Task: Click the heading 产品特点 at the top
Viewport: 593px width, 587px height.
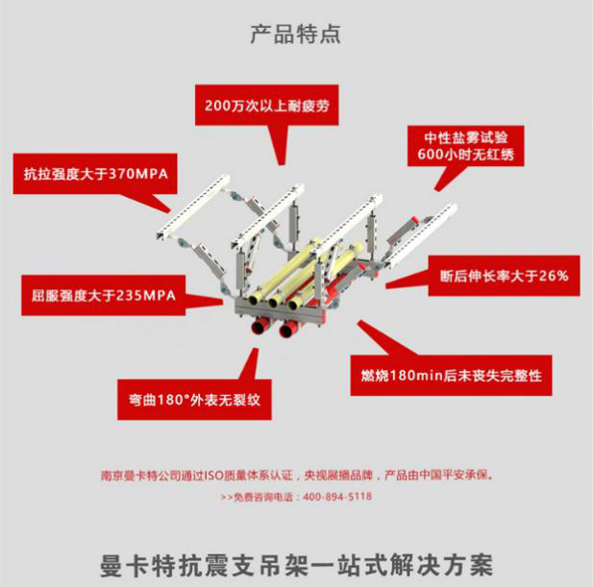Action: pyautogui.click(x=295, y=36)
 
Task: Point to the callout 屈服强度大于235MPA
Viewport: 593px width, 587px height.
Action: pyautogui.click(x=98, y=295)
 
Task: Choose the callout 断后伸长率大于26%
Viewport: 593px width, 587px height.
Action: pyautogui.click(x=502, y=276)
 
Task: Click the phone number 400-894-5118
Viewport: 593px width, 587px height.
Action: pyautogui.click(x=337, y=497)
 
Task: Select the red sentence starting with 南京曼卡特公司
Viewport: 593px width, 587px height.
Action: pyautogui.click(x=297, y=475)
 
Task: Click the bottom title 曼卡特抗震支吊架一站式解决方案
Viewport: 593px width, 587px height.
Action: pyautogui.click(x=296, y=559)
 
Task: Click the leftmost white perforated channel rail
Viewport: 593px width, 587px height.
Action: pyautogui.click(x=191, y=207)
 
